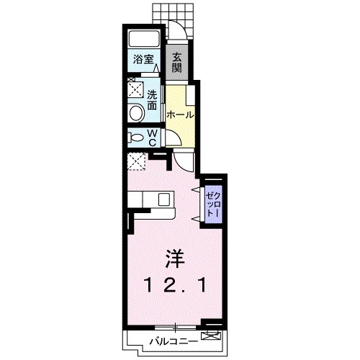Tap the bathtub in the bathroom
(144, 40)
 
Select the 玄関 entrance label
(176, 63)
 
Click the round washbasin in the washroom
(135, 112)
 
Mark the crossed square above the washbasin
(135, 90)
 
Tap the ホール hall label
(179, 114)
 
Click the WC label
(153, 137)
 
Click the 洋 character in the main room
(173, 257)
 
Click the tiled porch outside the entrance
(173, 12)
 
